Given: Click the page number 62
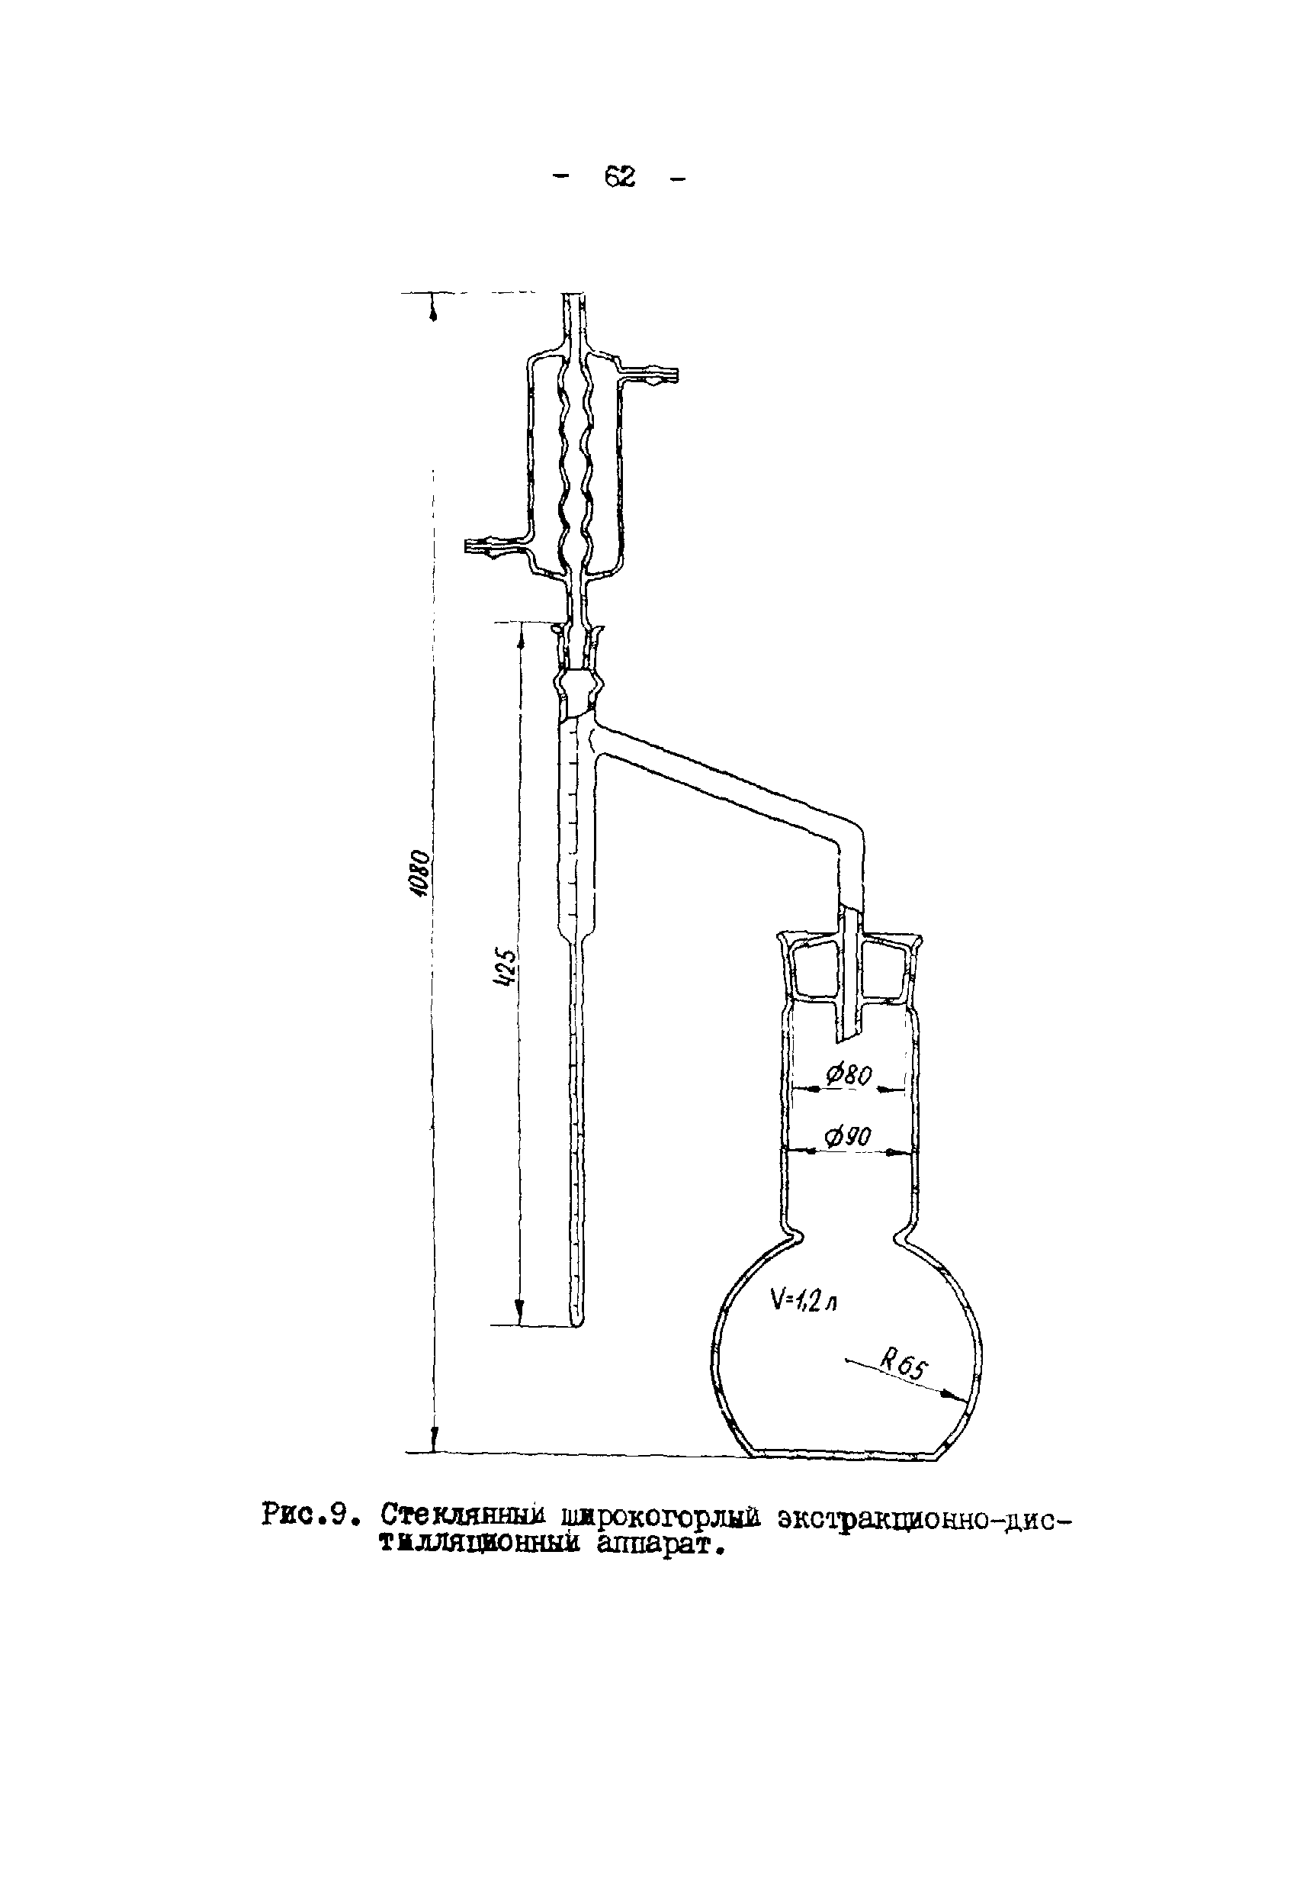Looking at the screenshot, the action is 620,176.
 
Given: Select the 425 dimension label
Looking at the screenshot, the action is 506,967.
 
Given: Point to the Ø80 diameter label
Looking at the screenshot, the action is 849,1076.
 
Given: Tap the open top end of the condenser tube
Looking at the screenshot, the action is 573,298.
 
